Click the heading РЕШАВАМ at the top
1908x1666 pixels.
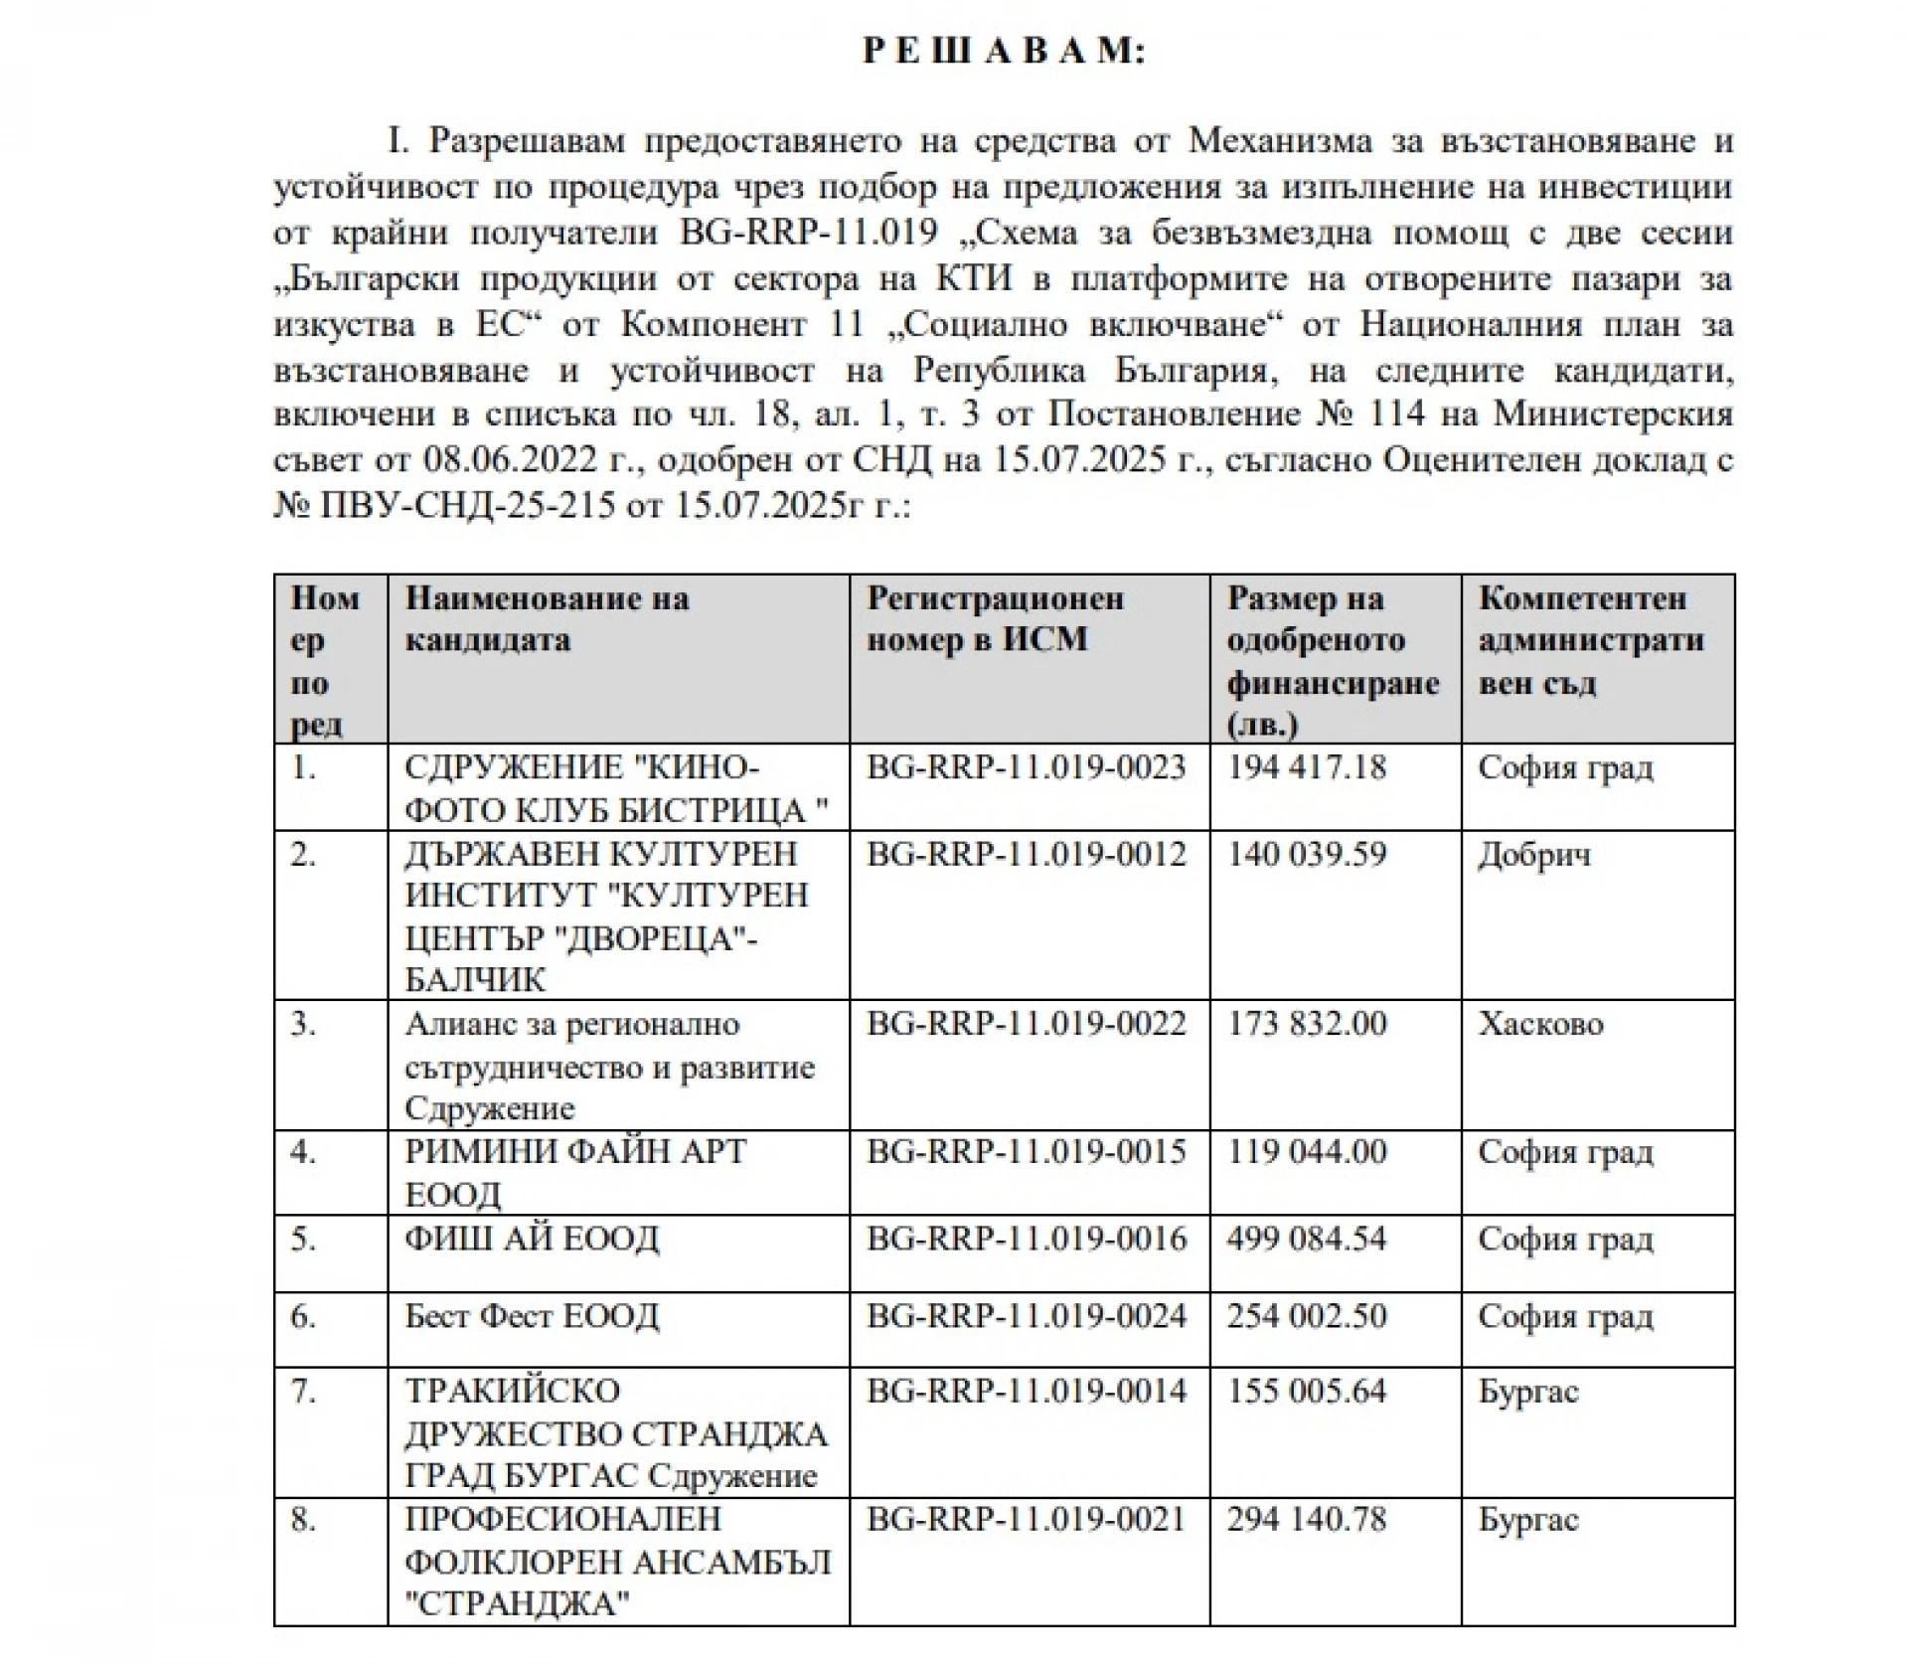click(x=1004, y=51)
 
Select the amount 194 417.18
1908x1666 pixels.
click(x=1306, y=768)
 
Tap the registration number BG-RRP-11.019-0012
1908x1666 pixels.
click(x=1027, y=855)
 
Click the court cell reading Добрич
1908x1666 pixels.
click(x=1533, y=855)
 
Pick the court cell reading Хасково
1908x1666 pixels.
click(x=1540, y=1024)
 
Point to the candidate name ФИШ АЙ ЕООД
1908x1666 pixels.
click(x=532, y=1239)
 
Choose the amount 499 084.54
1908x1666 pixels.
click(x=1306, y=1239)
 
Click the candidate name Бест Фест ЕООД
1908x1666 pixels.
click(x=532, y=1316)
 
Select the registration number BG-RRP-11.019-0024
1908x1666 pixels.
click(x=1027, y=1316)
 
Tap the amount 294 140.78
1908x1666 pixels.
click(x=1306, y=1520)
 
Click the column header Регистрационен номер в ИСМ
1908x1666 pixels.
click(x=995, y=619)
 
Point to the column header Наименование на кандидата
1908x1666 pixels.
click(x=547, y=619)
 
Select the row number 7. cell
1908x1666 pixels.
click(x=303, y=1391)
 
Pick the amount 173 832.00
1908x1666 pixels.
click(x=1306, y=1024)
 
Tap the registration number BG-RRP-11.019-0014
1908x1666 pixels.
click(x=1027, y=1391)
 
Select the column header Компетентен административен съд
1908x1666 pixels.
click(x=1590, y=640)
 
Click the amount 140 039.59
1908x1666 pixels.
click(x=1306, y=855)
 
